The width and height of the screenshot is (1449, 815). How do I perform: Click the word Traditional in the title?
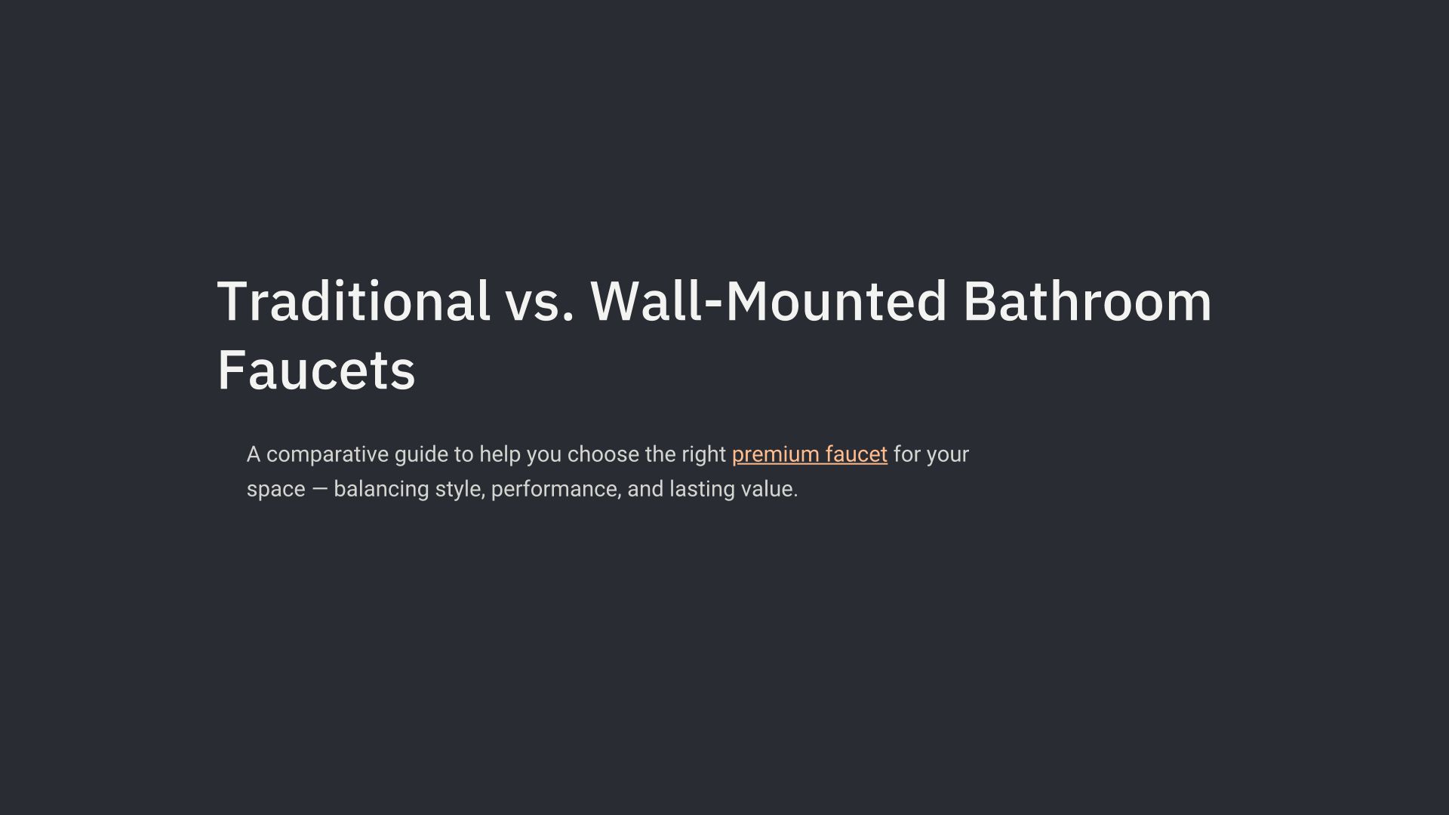click(x=353, y=301)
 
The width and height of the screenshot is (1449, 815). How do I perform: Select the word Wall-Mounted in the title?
click(x=768, y=301)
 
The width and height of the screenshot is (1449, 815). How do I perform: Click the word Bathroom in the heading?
click(x=1087, y=301)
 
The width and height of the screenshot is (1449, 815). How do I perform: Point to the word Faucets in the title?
click(x=316, y=371)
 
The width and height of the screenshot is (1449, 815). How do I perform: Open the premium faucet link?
click(x=810, y=454)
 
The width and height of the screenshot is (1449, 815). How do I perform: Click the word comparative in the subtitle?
click(x=327, y=455)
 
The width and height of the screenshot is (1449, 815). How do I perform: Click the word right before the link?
click(x=704, y=455)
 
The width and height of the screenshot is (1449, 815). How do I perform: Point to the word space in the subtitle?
click(x=276, y=490)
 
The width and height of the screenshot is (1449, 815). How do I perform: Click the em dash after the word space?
click(x=320, y=489)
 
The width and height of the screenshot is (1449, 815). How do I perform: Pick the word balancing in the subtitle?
click(x=381, y=490)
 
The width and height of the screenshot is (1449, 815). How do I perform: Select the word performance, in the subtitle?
click(x=556, y=490)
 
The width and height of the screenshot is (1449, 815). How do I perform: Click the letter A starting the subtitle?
click(x=254, y=454)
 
